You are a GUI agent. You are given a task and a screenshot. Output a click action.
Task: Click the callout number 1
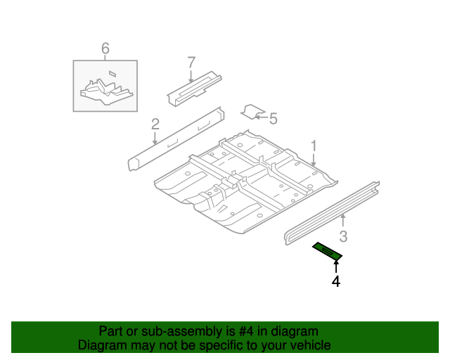pyautogui.click(x=314, y=146)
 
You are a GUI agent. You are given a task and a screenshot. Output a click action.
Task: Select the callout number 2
pyautogui.click(x=155, y=124)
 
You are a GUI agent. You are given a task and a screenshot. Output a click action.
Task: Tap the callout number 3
pyautogui.click(x=343, y=236)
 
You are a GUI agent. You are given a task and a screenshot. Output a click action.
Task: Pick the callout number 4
pyautogui.click(x=336, y=281)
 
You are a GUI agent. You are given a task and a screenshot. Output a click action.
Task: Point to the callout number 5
pyautogui.click(x=274, y=118)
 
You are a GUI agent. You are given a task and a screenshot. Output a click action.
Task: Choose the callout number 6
pyautogui.click(x=105, y=48)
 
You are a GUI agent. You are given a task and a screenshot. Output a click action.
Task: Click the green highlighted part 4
pyautogui.click(x=327, y=250)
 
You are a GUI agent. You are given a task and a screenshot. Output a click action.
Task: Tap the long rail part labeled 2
pyautogui.click(x=176, y=139)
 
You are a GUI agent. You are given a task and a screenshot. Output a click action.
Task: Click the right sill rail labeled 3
pyautogui.click(x=330, y=213)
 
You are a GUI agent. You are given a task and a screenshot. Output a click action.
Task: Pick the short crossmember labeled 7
pyautogui.click(x=193, y=86)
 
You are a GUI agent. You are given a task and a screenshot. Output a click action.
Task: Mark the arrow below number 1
pyautogui.click(x=314, y=160)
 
